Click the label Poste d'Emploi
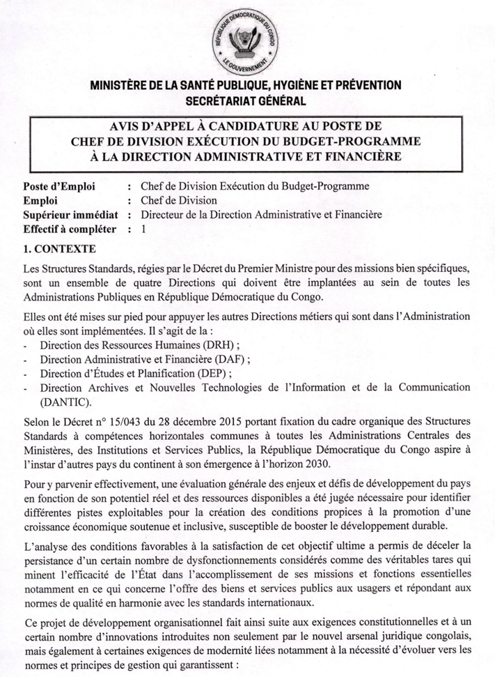coord(58,186)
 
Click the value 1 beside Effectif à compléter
coord(143,229)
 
